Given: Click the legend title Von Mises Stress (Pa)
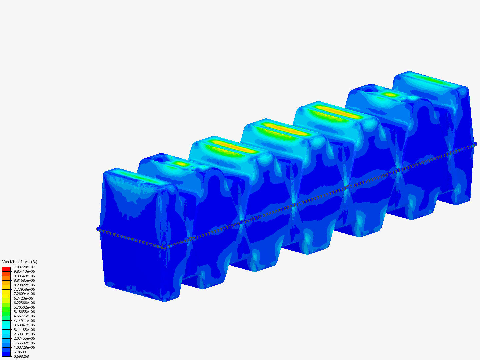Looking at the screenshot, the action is coord(20,262).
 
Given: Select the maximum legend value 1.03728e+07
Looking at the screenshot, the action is coord(24,267).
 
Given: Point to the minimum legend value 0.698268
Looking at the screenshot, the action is coord(21,356).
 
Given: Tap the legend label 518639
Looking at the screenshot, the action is coord(20,352).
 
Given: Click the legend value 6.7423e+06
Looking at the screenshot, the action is coord(23,298).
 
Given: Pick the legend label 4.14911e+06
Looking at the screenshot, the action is coord(24,321).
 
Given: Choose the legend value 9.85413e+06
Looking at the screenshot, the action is coord(24,271).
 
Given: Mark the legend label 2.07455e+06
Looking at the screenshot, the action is coord(24,338).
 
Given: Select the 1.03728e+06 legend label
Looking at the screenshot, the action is coord(24,347).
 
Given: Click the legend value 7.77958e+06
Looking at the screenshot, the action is coord(24,289).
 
